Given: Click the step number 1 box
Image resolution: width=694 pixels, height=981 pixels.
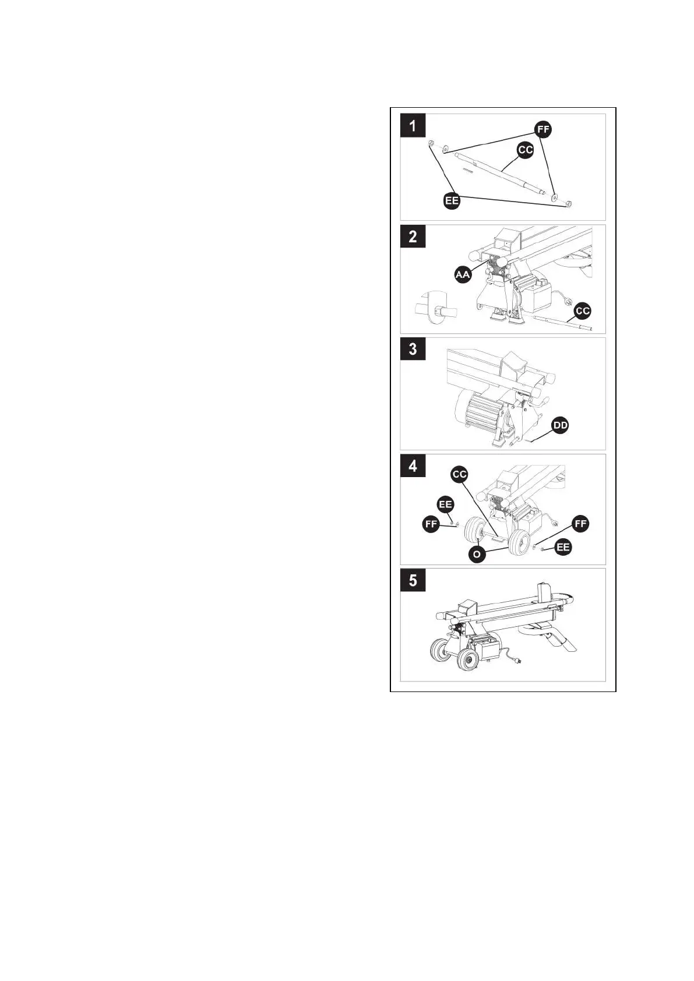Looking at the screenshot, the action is click(x=413, y=125).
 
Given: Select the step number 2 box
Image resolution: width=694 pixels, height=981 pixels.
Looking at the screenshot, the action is click(x=413, y=237).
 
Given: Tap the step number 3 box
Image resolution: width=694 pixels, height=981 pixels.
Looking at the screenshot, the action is click(x=413, y=349).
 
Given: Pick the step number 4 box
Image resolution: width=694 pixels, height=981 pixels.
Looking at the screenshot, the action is click(x=413, y=466).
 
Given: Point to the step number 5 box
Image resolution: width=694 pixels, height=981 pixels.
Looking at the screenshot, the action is click(x=413, y=580).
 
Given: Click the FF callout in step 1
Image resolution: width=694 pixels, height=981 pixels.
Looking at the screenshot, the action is click(x=543, y=129).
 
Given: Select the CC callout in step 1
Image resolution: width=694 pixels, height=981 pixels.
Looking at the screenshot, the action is click(x=526, y=150).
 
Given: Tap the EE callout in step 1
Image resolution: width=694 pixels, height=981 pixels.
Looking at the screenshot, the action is click(x=452, y=201).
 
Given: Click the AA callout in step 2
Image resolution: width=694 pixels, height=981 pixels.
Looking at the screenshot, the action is click(x=463, y=274).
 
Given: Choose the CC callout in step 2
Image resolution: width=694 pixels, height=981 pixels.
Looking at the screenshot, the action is click(x=583, y=310).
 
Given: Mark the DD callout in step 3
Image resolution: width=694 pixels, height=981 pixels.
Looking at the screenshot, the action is click(x=560, y=426).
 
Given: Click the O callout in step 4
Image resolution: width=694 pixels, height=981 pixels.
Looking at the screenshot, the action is click(x=477, y=554).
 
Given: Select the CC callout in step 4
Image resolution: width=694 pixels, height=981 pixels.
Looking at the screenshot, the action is click(x=460, y=474).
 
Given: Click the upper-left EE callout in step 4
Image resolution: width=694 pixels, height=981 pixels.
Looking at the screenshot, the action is click(x=445, y=504).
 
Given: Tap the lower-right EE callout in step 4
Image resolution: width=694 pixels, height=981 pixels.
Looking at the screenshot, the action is click(x=563, y=547).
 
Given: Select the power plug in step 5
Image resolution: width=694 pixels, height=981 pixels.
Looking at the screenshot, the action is click(x=516, y=661).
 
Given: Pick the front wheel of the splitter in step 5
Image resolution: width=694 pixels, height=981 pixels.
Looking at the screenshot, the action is click(x=467, y=659).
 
